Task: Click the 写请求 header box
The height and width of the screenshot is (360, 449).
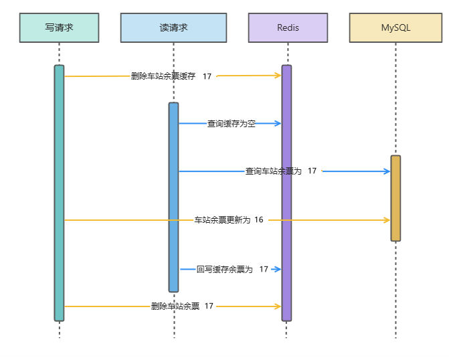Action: (59, 28)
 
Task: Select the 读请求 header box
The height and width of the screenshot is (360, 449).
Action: (173, 28)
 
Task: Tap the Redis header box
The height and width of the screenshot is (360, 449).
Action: (288, 28)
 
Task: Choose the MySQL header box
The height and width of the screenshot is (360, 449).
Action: (395, 28)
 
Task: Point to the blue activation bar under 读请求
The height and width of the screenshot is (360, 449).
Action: (173, 197)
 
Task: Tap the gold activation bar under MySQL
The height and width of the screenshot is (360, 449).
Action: (395, 198)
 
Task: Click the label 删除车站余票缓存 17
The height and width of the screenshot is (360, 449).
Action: (171, 76)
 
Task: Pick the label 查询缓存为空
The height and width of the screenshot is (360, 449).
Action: (231, 124)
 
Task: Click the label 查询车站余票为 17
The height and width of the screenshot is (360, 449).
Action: (281, 171)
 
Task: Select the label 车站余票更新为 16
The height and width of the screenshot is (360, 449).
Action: (229, 219)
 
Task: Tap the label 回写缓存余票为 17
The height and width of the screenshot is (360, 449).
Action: (232, 269)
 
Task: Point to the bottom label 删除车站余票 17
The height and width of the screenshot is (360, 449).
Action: (182, 306)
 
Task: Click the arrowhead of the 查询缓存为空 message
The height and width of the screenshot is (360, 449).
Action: (277, 123)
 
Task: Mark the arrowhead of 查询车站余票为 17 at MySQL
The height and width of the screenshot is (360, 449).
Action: (386, 171)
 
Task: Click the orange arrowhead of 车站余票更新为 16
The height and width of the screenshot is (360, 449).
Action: (386, 219)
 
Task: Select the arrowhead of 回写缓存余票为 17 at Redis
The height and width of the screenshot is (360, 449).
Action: (277, 269)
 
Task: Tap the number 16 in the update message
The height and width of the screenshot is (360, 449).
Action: (259, 219)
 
